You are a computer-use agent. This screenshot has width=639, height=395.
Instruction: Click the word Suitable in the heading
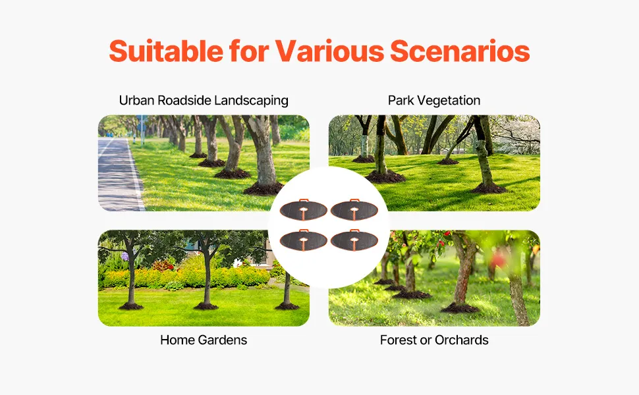pos(166,51)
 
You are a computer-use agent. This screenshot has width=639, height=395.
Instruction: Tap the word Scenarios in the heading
pos(460,51)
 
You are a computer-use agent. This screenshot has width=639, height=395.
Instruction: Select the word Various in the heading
pos(329,51)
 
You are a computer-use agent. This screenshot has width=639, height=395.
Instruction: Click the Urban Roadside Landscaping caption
pos(204,101)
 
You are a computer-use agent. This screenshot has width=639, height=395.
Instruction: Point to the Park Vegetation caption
pos(434,101)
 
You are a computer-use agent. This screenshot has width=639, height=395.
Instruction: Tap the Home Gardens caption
pos(204,340)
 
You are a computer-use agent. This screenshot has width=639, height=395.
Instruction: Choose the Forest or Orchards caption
pos(434,340)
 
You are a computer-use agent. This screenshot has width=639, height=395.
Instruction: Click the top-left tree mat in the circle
pos(303,210)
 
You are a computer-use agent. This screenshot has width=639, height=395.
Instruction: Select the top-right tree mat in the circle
pos(354,210)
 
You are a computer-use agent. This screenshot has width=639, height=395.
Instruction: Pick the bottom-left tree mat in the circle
pos(303,240)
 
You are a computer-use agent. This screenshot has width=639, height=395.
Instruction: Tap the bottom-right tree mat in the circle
pos(354,240)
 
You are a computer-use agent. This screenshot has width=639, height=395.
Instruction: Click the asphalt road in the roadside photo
pos(117,175)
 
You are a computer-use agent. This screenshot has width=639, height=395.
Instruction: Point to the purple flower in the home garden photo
pos(125,256)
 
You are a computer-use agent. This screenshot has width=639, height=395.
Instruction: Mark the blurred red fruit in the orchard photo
pos(498,259)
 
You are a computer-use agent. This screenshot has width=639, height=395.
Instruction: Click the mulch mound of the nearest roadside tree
pos(264,188)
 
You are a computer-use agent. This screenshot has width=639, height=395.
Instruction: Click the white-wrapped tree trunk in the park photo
pos(364,145)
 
